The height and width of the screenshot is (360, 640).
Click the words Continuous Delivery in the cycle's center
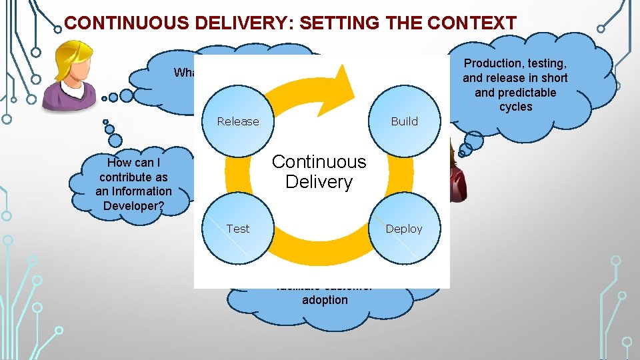pos(319,171)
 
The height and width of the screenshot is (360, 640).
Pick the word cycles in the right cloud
pos(515,107)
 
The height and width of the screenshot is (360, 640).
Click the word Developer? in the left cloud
pos(133,205)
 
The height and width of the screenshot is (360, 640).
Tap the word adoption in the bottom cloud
pos(325,300)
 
